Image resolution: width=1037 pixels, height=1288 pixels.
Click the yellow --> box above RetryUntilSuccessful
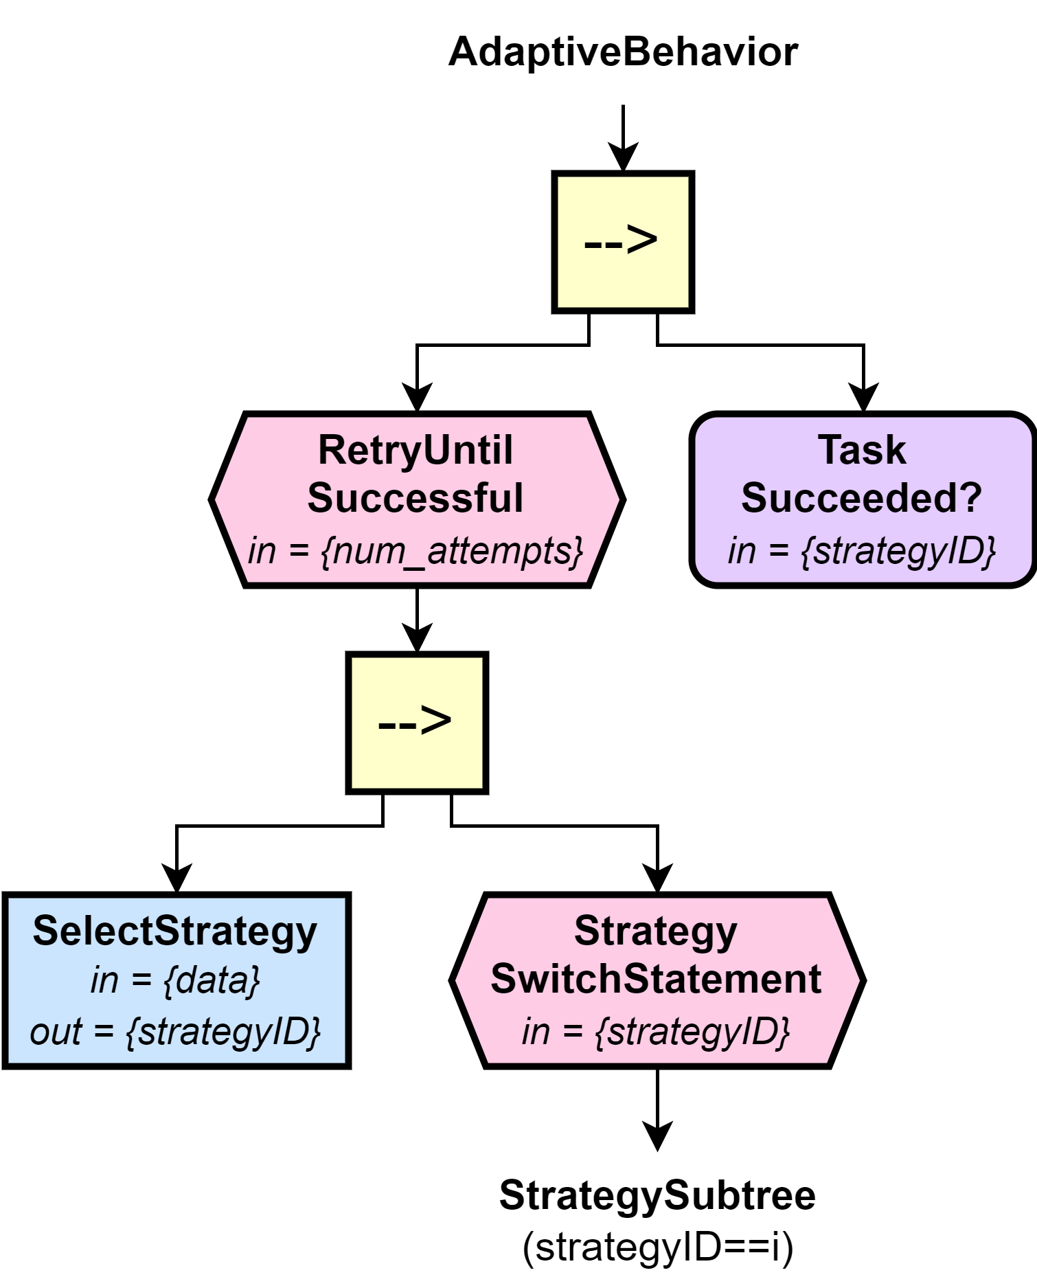622,242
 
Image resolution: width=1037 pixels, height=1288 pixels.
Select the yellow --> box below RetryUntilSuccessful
416,723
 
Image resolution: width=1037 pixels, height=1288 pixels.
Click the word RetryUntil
415,451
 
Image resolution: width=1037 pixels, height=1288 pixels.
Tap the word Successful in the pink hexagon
415,498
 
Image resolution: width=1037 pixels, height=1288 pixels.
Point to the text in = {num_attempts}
415,551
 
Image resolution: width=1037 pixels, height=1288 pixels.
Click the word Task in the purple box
862,451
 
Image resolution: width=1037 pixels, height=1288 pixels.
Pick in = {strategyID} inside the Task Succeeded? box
862,551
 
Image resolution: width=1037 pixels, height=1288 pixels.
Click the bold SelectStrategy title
175,931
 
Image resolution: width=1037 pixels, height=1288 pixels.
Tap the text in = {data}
175,980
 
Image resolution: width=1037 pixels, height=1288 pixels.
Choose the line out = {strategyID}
175,1032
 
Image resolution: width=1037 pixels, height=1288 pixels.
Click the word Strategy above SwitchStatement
656,931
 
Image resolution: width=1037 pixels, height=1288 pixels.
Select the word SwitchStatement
656,979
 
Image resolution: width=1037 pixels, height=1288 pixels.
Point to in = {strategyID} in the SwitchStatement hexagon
656,1032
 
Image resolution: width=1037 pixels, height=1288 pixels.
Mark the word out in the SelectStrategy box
56,1032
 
